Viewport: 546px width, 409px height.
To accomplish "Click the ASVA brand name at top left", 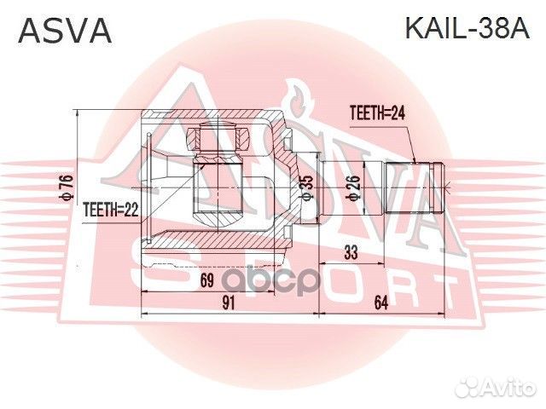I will (65, 32).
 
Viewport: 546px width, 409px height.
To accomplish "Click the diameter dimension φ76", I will (65, 181).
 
